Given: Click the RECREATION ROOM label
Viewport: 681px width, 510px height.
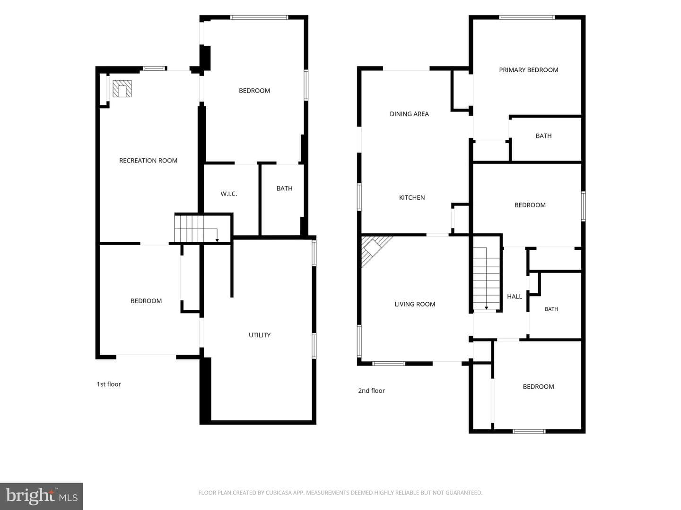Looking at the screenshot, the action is click(x=148, y=161).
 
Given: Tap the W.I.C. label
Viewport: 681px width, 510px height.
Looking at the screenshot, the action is click(x=228, y=194).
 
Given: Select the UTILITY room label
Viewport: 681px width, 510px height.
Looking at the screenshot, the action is click(x=260, y=335).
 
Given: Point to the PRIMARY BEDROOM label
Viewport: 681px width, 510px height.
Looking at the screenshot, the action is click(x=529, y=70).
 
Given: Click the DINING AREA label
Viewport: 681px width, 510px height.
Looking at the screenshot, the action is click(x=409, y=114).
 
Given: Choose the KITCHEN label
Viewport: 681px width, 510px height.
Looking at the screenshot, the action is click(x=412, y=197).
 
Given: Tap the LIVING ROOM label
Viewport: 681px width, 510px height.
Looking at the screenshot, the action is click(x=415, y=304).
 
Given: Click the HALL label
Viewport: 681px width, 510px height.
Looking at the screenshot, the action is click(x=515, y=297).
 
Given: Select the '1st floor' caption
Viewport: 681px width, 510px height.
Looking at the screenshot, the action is click(x=109, y=384).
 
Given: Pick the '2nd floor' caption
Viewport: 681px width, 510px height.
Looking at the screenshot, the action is click(x=371, y=391).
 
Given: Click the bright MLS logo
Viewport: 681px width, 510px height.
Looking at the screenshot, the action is click(x=42, y=496).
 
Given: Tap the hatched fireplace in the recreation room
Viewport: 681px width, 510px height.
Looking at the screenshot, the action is click(x=122, y=89).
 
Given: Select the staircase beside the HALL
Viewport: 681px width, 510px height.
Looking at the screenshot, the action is click(x=486, y=278).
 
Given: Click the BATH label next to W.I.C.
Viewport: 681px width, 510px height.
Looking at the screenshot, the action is click(x=285, y=188).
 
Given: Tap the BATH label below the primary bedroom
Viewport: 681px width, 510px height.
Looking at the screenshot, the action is click(x=543, y=136).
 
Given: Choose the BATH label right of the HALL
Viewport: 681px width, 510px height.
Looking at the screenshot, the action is click(x=551, y=309).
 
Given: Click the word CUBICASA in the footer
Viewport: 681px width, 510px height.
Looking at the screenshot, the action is click(x=280, y=493).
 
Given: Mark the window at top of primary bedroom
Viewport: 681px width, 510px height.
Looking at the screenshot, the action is click(x=527, y=17).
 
